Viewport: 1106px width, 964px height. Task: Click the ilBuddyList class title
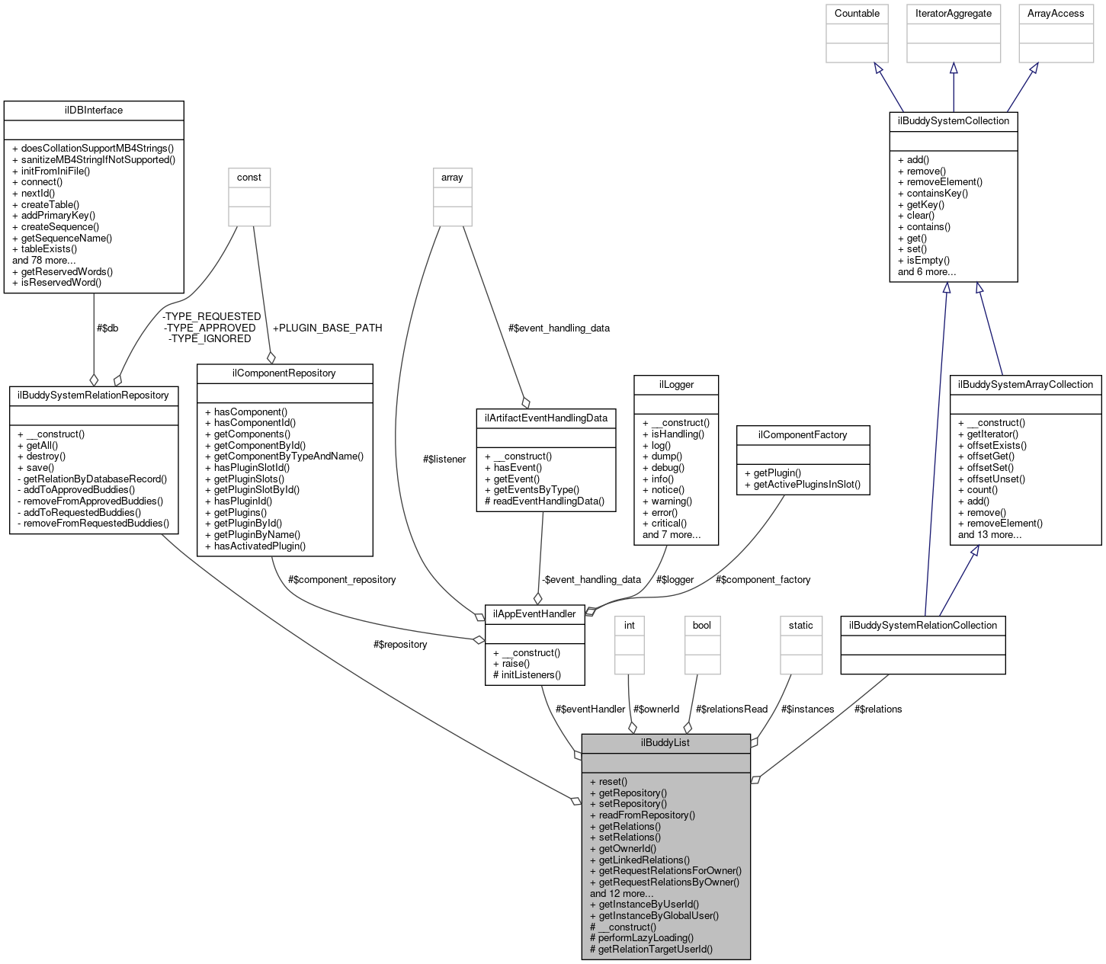(665, 742)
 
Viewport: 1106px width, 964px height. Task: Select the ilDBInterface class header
(94, 110)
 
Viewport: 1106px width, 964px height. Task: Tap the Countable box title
(857, 13)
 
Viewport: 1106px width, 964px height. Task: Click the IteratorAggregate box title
(953, 13)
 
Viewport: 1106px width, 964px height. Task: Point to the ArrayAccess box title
(1056, 13)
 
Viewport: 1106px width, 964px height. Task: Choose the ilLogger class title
(676, 384)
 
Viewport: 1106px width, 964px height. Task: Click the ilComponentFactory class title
(803, 434)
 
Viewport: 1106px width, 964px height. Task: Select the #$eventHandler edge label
(590, 709)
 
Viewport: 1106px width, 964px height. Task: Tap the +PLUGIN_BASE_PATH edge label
(327, 328)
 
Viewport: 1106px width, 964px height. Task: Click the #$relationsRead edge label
(731, 709)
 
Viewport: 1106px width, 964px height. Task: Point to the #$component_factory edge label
(763, 579)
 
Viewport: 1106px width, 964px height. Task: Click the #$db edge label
(107, 328)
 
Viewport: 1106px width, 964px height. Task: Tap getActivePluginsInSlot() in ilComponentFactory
(807, 484)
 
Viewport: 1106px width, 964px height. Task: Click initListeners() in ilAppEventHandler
(531, 674)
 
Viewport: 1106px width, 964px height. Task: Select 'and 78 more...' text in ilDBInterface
(44, 260)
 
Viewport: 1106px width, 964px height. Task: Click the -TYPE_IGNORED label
(210, 338)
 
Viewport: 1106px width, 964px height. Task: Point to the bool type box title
(701, 625)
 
